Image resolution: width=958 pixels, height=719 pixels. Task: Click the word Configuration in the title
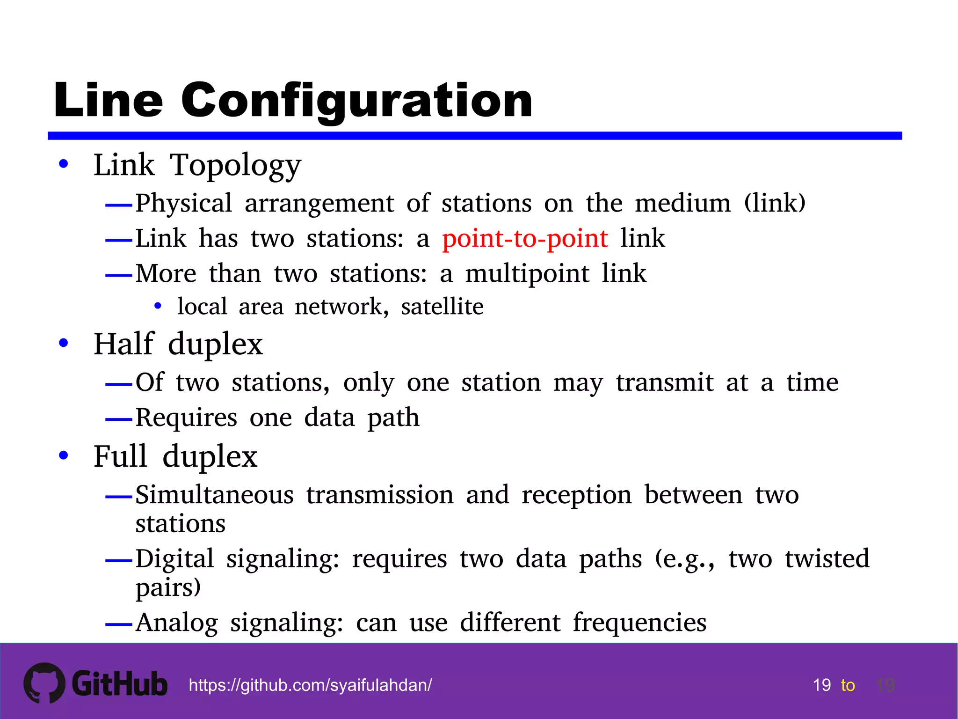[x=356, y=100]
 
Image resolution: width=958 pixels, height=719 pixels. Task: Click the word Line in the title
[x=109, y=100]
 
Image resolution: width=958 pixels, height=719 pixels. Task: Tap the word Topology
[x=235, y=166]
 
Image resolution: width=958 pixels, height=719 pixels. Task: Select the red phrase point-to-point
[x=525, y=239]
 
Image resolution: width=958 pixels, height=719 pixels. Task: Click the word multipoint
[x=527, y=274]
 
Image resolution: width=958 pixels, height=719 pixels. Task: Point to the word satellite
[x=442, y=307]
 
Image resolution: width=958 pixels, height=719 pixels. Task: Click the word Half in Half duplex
[x=124, y=344]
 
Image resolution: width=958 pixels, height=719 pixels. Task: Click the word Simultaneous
[x=215, y=495]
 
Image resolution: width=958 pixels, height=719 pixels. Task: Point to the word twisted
[x=827, y=558]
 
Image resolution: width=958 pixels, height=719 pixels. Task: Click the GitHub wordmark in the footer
[x=120, y=684]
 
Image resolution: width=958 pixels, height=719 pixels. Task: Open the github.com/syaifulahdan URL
[x=310, y=685]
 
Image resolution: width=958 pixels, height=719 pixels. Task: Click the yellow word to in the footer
[x=848, y=685]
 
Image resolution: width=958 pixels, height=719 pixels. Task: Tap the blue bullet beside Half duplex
[x=64, y=343]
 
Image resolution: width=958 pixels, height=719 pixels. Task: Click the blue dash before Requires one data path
[x=119, y=419]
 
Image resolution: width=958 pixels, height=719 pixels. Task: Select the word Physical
[x=184, y=204]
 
